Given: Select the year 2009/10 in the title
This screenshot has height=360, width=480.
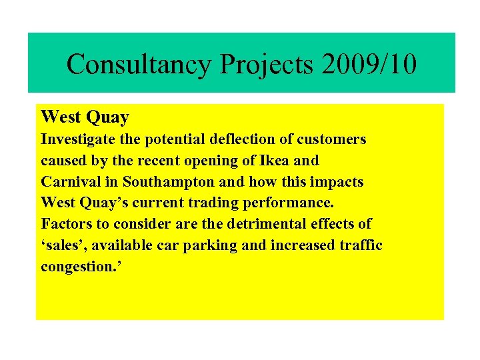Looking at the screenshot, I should point(369,64).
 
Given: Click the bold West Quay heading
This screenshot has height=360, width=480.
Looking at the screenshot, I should point(85,118).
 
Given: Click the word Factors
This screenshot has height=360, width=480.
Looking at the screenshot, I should point(65,224).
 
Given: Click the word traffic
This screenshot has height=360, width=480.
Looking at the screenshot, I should point(360,245).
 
